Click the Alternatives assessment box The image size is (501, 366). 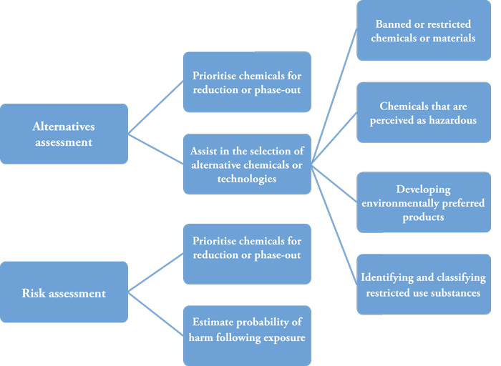click(64, 134)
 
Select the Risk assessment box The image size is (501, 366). click(64, 293)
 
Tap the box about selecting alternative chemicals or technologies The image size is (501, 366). click(247, 164)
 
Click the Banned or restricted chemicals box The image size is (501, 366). click(423, 31)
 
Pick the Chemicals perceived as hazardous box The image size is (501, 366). click(423, 113)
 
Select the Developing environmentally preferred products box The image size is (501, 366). click(423, 203)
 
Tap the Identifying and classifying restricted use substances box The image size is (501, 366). click(423, 285)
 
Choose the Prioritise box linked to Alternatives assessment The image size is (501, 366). click(247, 82)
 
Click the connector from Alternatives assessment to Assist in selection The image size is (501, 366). click(155, 148)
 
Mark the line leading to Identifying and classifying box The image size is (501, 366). click(335, 224)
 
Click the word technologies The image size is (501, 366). click(247, 179)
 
